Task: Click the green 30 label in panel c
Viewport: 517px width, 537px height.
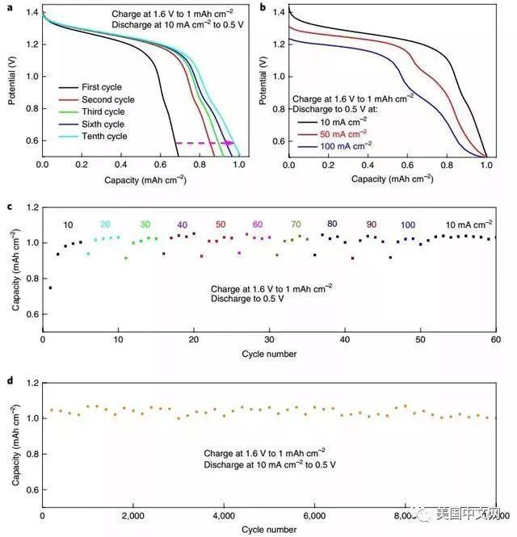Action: click(x=145, y=224)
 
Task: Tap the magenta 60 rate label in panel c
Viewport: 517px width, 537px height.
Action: click(x=258, y=224)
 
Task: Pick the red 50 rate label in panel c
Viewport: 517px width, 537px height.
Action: click(x=221, y=224)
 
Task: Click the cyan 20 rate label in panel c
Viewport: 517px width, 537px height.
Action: click(x=107, y=224)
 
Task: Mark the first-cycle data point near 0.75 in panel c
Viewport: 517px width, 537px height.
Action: click(x=50, y=287)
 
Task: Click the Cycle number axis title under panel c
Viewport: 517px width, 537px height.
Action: click(x=269, y=355)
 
